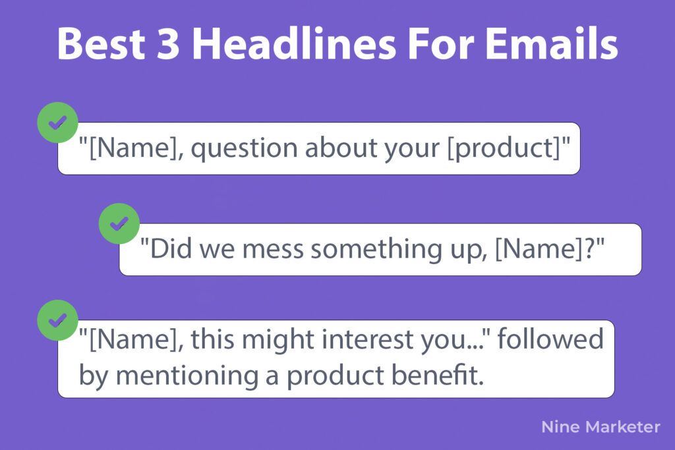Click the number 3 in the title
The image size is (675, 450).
pos(167,44)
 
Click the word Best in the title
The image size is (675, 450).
pos(101,44)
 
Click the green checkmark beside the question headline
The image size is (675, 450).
pos(58,123)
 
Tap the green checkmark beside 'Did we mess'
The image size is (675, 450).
pos(119,224)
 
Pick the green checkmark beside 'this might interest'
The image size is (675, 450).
pos(58,320)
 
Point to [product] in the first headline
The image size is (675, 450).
pos(504,149)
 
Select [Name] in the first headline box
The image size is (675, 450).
pos(132,148)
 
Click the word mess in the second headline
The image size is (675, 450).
pos(272,250)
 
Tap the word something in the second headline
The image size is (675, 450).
pos(376,250)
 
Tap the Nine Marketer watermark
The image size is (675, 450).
pos(601,427)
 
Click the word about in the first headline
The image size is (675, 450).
pos(341,148)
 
